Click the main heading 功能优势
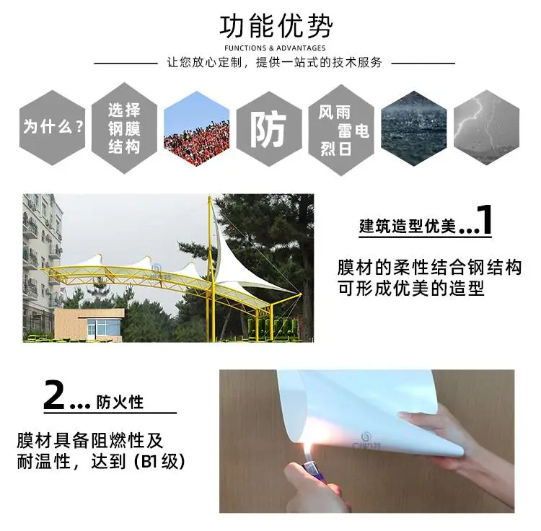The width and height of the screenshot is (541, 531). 276,27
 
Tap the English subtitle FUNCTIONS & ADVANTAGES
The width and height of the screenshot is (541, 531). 275,48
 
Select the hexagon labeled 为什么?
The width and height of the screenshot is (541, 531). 52,127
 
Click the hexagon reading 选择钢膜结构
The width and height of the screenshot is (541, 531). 124,128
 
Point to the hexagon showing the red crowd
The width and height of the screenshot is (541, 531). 197,128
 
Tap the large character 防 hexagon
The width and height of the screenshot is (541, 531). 269,129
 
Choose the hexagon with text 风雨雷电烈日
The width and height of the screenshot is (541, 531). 341,130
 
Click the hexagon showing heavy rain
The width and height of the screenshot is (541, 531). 414,128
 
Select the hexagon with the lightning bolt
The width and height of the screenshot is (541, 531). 486,127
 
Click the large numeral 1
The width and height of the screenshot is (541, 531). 485,219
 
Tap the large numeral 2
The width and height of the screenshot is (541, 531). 55,395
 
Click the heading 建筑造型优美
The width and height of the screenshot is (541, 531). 408,227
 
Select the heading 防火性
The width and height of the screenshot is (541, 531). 119,402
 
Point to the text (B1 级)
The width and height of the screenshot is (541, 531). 159,462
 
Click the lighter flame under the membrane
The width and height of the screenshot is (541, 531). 308,447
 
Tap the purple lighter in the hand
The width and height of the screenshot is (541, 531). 309,470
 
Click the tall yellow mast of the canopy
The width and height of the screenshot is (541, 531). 211,268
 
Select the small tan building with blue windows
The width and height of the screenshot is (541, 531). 89,325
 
